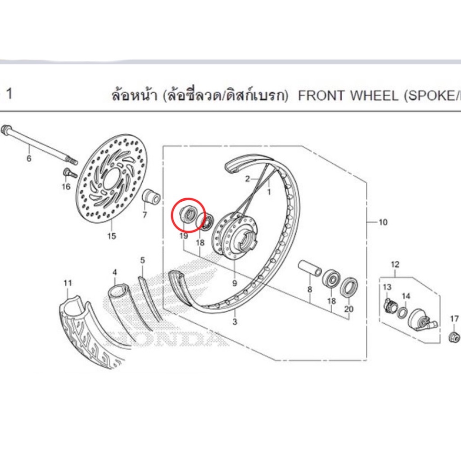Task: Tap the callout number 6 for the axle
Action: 29,158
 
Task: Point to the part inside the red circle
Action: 187,214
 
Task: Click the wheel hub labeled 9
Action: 235,235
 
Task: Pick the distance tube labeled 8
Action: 310,268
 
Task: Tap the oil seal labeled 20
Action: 349,287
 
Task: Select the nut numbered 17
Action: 454,337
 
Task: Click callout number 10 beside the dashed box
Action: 383,222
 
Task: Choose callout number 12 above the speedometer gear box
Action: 395,264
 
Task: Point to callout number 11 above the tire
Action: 68,283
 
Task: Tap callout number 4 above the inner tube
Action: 115,272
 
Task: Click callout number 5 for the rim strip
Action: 143,260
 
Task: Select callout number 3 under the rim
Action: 235,321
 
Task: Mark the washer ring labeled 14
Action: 402,313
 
